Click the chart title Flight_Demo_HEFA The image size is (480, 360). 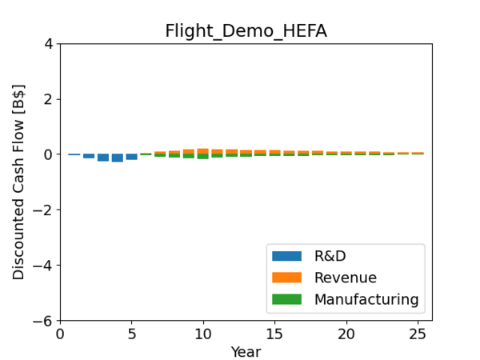click(246, 31)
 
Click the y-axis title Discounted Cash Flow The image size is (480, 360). click(18, 182)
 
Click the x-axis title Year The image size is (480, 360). click(246, 351)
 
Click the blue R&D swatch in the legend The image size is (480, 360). click(287, 257)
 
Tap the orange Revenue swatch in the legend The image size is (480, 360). click(287, 278)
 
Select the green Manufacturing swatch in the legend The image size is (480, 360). click(287, 299)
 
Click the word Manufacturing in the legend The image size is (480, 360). click(366, 299)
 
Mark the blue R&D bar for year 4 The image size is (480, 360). click(118, 158)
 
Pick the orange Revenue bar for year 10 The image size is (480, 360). click(203, 151)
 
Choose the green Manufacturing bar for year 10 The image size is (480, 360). click(203, 157)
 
